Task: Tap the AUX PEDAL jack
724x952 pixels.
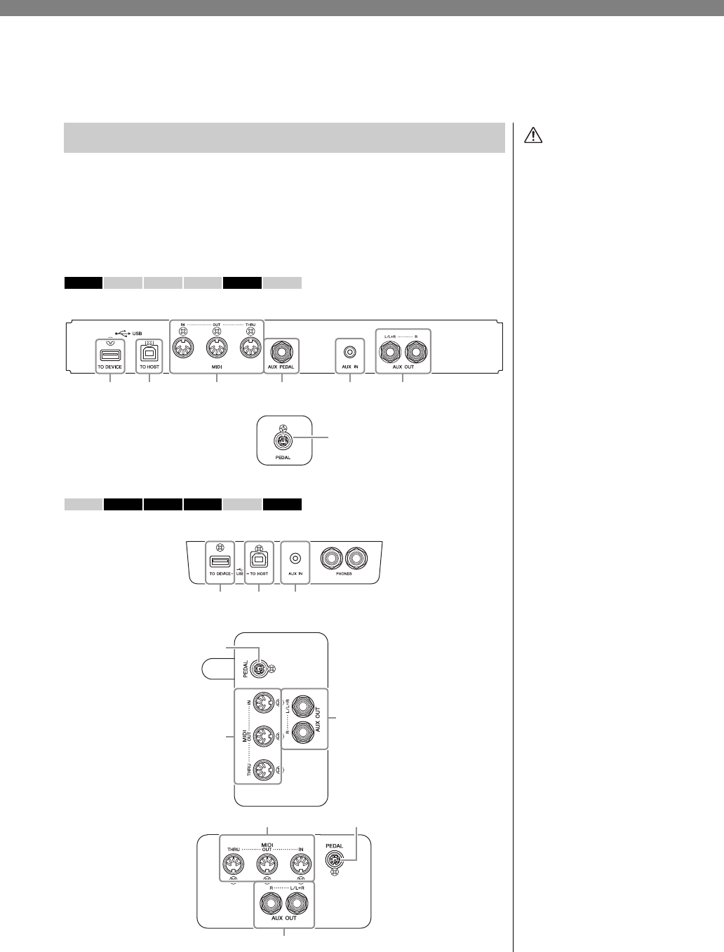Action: (281, 349)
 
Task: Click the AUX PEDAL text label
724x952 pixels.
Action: (281, 367)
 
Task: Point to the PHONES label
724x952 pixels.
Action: (344, 573)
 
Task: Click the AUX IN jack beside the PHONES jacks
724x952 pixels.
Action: (295, 558)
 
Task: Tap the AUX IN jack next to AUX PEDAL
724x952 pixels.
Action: (349, 349)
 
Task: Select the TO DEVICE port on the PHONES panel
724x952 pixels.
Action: (220, 561)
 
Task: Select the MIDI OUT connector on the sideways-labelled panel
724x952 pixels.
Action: (263, 735)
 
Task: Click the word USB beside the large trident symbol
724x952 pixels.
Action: (138, 333)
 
